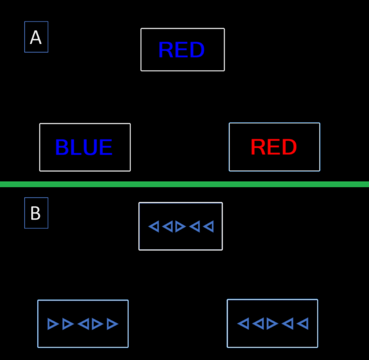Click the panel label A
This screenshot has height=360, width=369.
(x=36, y=37)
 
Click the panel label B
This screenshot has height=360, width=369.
(x=36, y=213)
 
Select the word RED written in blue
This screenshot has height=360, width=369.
(x=182, y=50)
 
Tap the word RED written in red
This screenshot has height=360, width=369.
(x=274, y=147)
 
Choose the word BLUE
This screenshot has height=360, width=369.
(x=84, y=148)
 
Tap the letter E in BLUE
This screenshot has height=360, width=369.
(x=106, y=148)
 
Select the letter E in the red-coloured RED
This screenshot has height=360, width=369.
(x=274, y=147)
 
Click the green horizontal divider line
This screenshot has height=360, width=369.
(x=184, y=184)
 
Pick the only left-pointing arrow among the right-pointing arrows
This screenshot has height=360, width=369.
(x=83, y=324)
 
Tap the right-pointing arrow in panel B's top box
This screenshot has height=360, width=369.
(x=180, y=226)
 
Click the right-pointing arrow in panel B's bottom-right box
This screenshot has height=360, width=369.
(x=272, y=323)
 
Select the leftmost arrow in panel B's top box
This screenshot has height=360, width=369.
(x=154, y=226)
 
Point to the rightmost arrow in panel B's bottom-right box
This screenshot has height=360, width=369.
(x=303, y=323)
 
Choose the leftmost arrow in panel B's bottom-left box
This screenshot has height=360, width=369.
(x=53, y=324)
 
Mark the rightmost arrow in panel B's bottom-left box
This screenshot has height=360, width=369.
(x=112, y=324)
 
